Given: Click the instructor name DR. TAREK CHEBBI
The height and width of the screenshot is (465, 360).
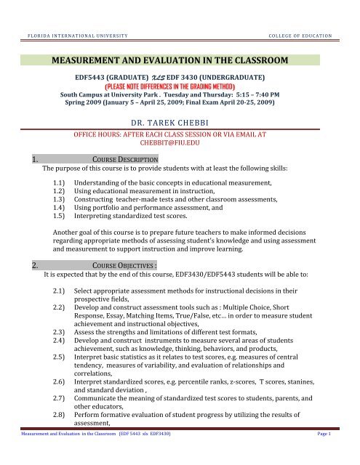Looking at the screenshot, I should [180, 124].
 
